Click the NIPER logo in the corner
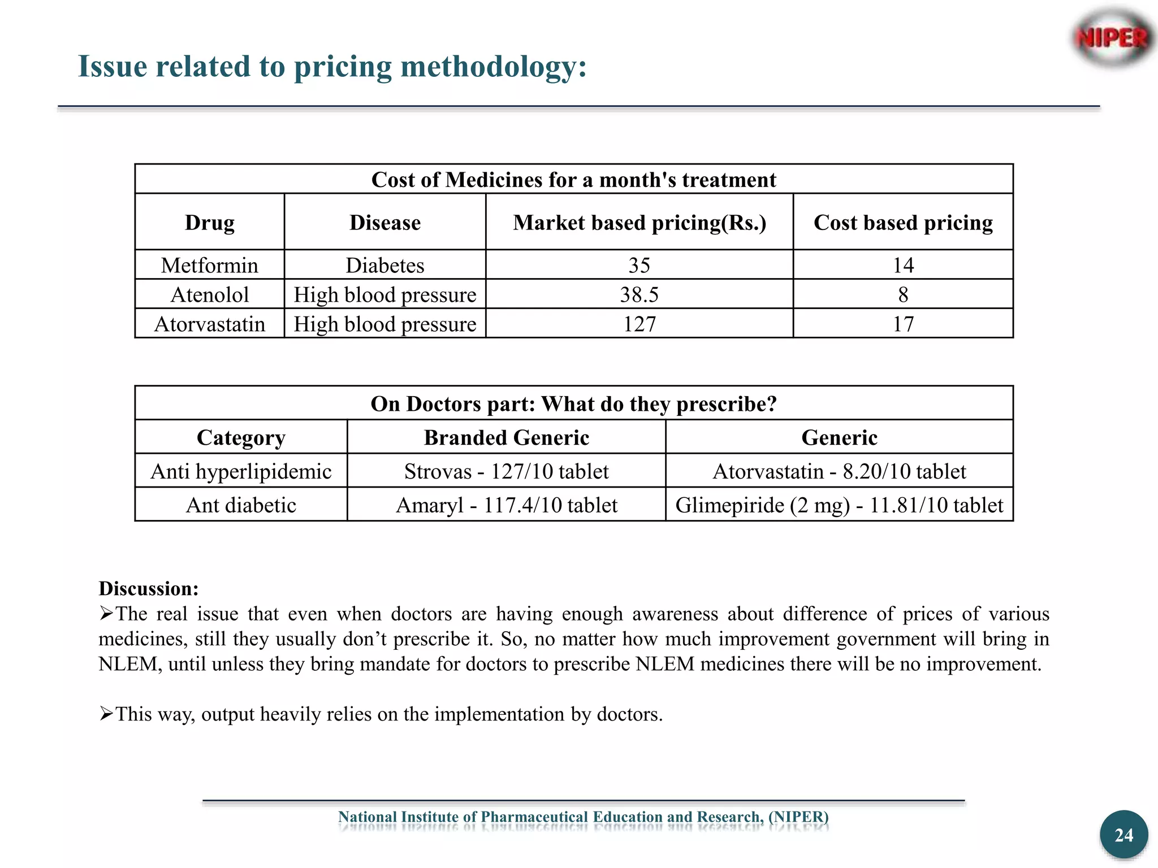(x=1112, y=38)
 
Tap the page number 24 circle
(x=1124, y=835)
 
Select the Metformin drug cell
(x=209, y=265)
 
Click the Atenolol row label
(x=209, y=294)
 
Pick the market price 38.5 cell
(x=639, y=294)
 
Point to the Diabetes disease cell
(x=384, y=265)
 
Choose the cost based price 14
(x=903, y=265)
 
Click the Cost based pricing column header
(x=903, y=223)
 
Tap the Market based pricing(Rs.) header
(x=639, y=223)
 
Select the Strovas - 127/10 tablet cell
(x=506, y=471)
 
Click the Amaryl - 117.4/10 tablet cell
(x=506, y=505)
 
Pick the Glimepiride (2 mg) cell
(x=839, y=505)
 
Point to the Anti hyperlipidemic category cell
(x=241, y=471)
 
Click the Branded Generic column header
(x=506, y=437)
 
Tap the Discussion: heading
(x=149, y=588)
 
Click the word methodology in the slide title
(x=494, y=67)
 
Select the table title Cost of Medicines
(x=573, y=180)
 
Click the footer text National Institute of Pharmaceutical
(x=583, y=817)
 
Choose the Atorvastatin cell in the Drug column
(x=209, y=324)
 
